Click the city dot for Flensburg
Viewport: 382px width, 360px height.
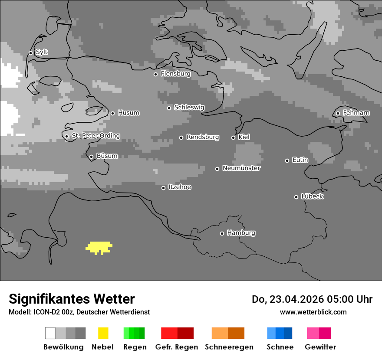pos(155,74)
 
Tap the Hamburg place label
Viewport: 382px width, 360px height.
pos(241,233)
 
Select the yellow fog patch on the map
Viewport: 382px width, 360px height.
pos(99,248)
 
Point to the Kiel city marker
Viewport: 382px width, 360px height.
pos(233,137)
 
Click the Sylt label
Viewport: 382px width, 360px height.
pos(42,52)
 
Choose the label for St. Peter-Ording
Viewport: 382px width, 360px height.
pos(95,136)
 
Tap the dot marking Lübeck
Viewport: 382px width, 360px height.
pos(296,197)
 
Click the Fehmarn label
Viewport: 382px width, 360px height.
pos(356,113)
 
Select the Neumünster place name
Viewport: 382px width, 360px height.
pos(241,168)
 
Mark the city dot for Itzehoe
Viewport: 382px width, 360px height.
pos(163,188)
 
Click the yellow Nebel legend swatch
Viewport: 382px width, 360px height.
pos(103,333)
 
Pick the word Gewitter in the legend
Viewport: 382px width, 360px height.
pos(320,347)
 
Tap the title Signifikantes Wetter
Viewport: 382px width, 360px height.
pos(72,299)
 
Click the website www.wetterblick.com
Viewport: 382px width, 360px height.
pos(313,312)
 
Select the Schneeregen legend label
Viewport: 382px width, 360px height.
pos(229,347)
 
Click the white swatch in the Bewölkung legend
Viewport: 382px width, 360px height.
pos(50,333)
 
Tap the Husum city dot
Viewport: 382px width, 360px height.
pos(112,113)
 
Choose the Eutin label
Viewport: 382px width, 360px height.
pos(300,160)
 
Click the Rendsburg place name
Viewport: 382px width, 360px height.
pos(203,137)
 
